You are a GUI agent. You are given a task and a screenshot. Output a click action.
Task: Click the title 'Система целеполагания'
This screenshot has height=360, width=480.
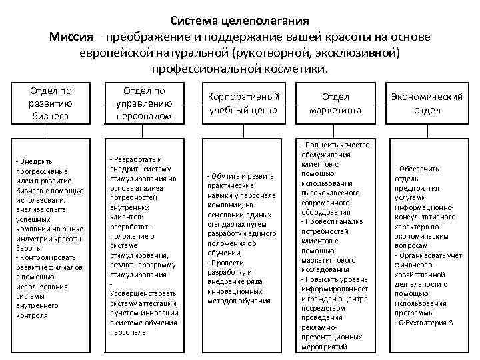(239, 21)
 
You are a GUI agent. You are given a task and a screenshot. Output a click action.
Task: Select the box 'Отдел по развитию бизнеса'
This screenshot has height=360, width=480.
(51, 103)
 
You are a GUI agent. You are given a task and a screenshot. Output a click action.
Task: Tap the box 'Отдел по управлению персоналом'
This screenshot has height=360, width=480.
(144, 103)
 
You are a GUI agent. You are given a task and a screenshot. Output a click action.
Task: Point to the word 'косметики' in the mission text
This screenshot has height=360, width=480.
(301, 69)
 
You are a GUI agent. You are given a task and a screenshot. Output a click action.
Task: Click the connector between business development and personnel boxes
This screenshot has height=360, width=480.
(97, 103)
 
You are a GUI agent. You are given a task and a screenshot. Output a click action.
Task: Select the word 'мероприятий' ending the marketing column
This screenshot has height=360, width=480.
(324, 347)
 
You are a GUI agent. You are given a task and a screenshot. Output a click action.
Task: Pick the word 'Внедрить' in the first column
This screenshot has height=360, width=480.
(36, 161)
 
